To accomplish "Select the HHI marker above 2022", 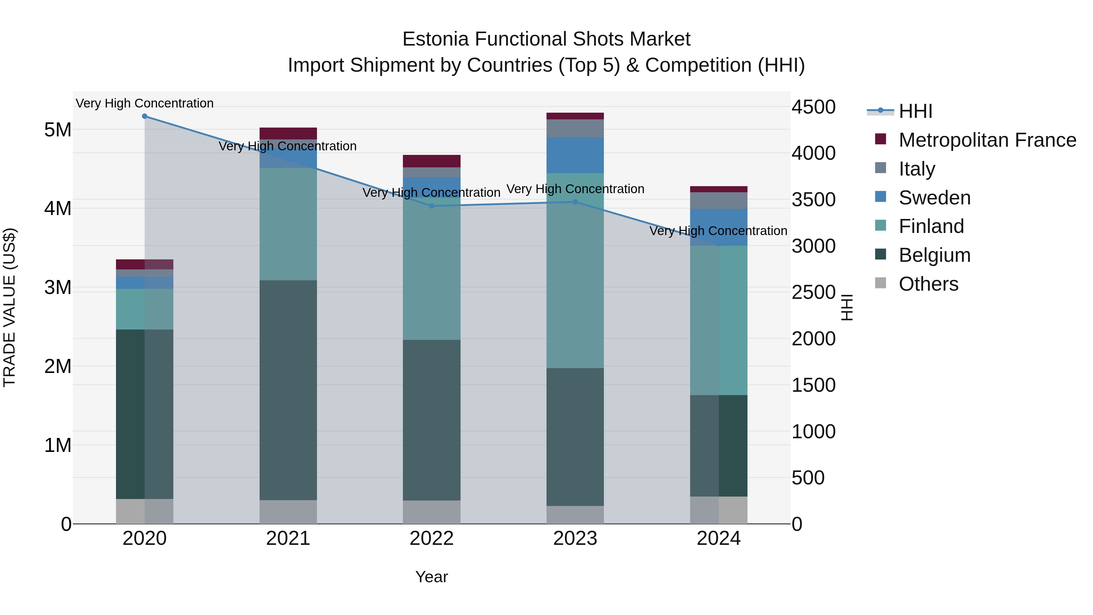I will point(431,206).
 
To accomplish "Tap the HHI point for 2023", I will point(575,202).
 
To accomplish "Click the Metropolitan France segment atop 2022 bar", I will point(431,161).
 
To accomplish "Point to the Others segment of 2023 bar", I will point(575,514).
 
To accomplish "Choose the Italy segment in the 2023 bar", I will point(575,128).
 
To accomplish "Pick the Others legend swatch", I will point(880,283).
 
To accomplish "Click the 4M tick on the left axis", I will point(58,208).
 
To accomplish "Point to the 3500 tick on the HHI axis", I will point(813,200).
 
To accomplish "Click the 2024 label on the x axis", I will point(718,538).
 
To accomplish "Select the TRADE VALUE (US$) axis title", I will point(9,307).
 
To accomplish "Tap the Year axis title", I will point(431,577).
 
